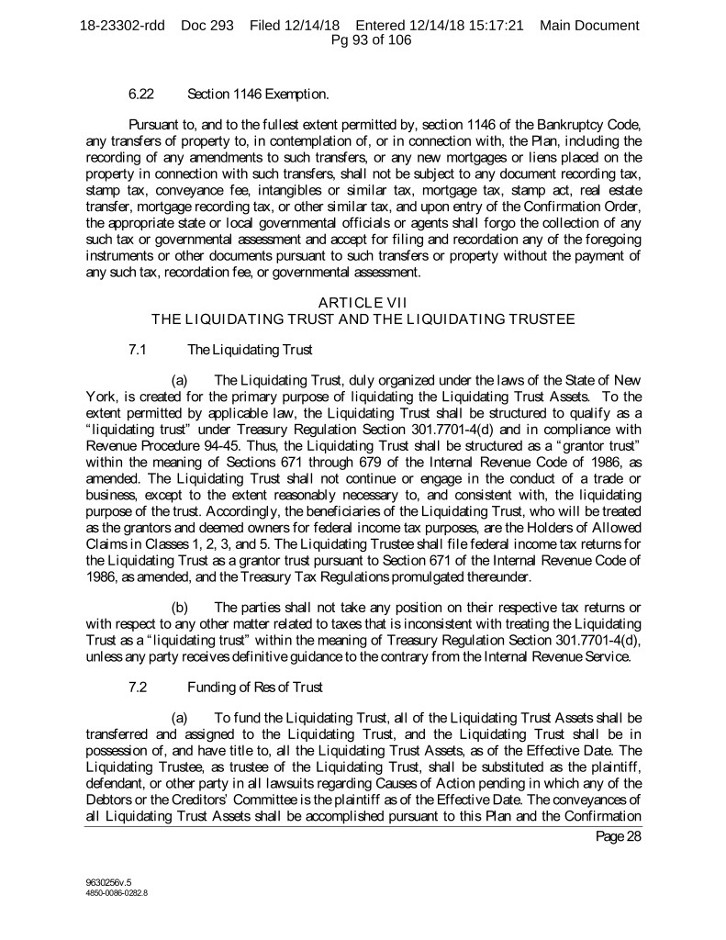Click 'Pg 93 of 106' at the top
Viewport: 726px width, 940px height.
coord(363,39)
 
